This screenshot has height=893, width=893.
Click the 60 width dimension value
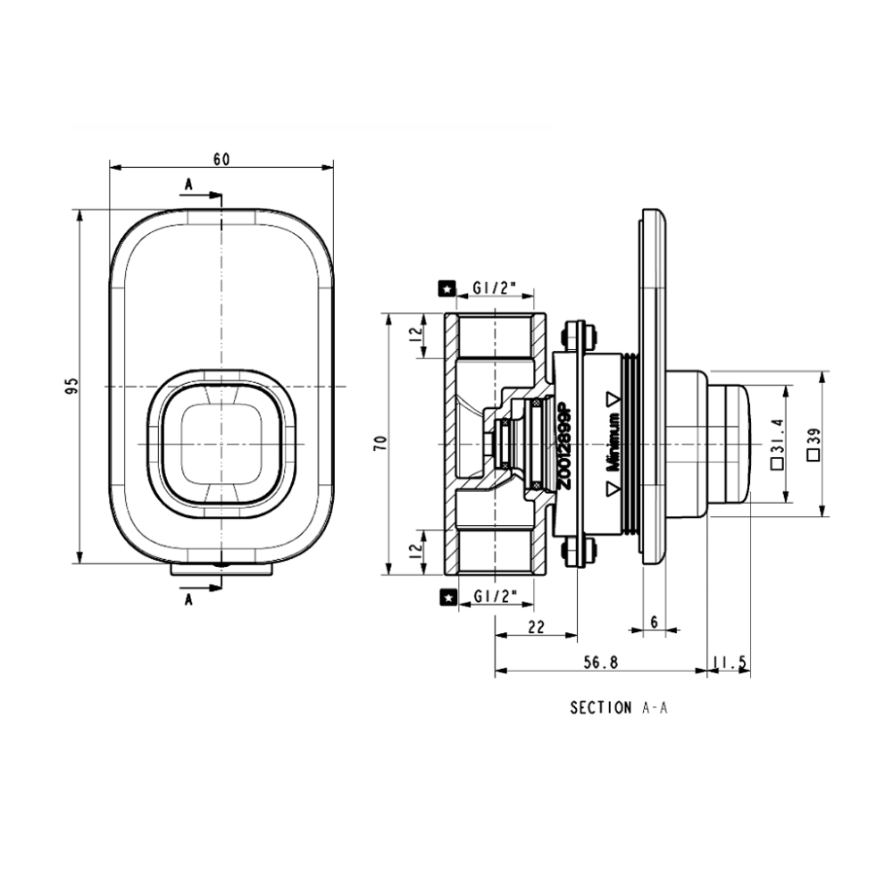[221, 159]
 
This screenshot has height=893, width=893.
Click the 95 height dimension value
[72, 385]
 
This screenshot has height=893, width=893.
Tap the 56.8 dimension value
[601, 663]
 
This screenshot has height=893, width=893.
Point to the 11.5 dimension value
[730, 663]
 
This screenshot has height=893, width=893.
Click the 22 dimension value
[536, 627]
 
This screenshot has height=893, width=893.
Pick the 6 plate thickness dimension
[655, 622]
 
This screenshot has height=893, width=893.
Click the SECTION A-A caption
[619, 707]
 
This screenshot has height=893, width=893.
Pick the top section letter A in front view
[188, 185]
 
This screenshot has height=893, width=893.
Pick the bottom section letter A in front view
[188, 600]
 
